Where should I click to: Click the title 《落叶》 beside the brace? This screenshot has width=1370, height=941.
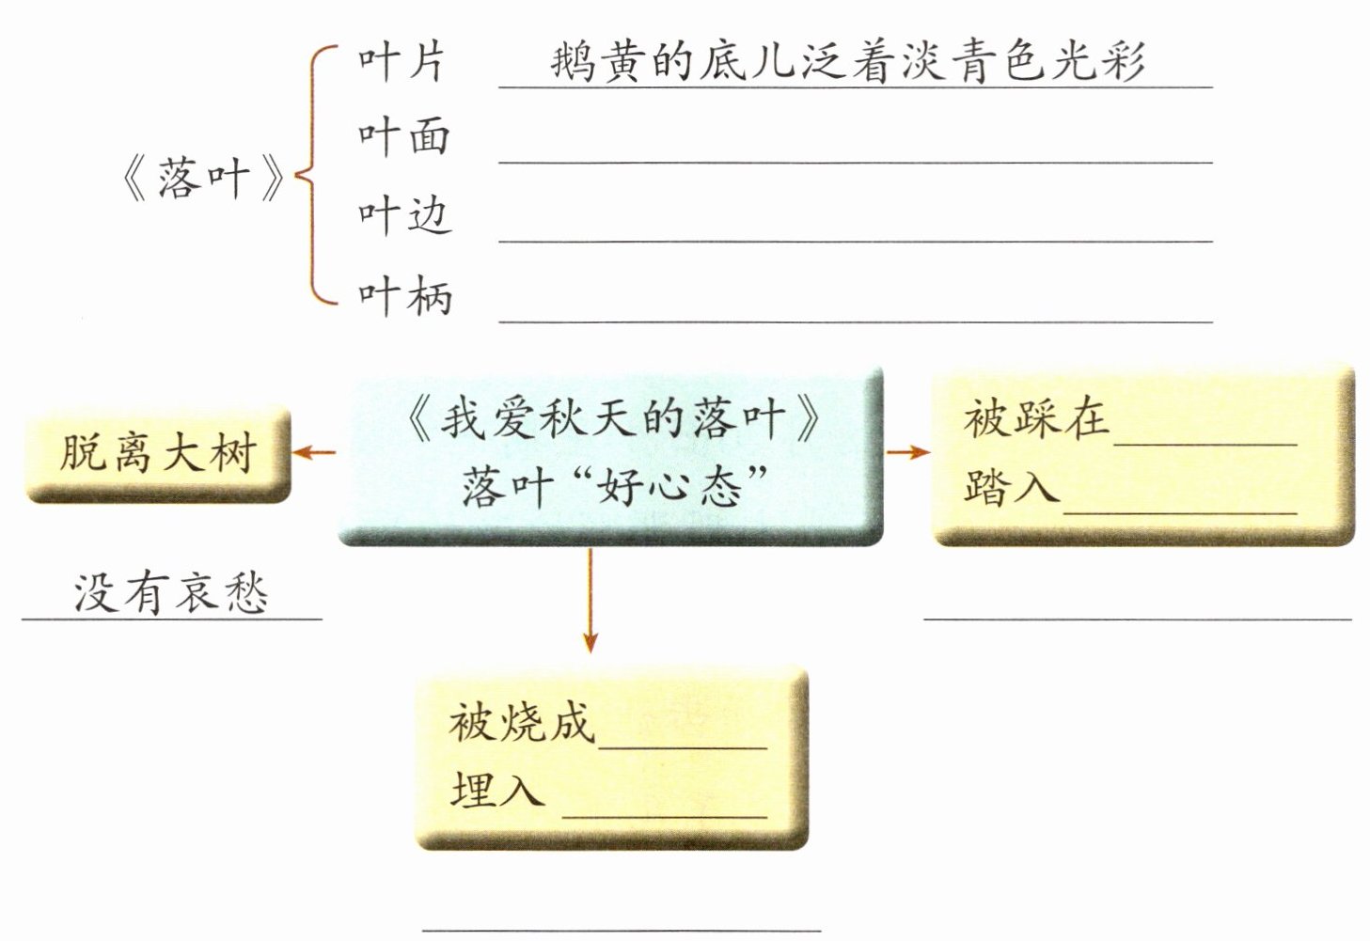pos(202,179)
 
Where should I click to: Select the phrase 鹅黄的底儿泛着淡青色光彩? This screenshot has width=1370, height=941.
pos(846,62)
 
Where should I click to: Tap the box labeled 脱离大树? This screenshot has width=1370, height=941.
pos(158,454)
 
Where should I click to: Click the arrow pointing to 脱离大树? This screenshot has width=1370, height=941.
pos(314,453)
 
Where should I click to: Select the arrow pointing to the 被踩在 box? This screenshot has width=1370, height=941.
pos(907,453)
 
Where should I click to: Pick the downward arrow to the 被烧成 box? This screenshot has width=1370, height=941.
pos(590,602)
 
